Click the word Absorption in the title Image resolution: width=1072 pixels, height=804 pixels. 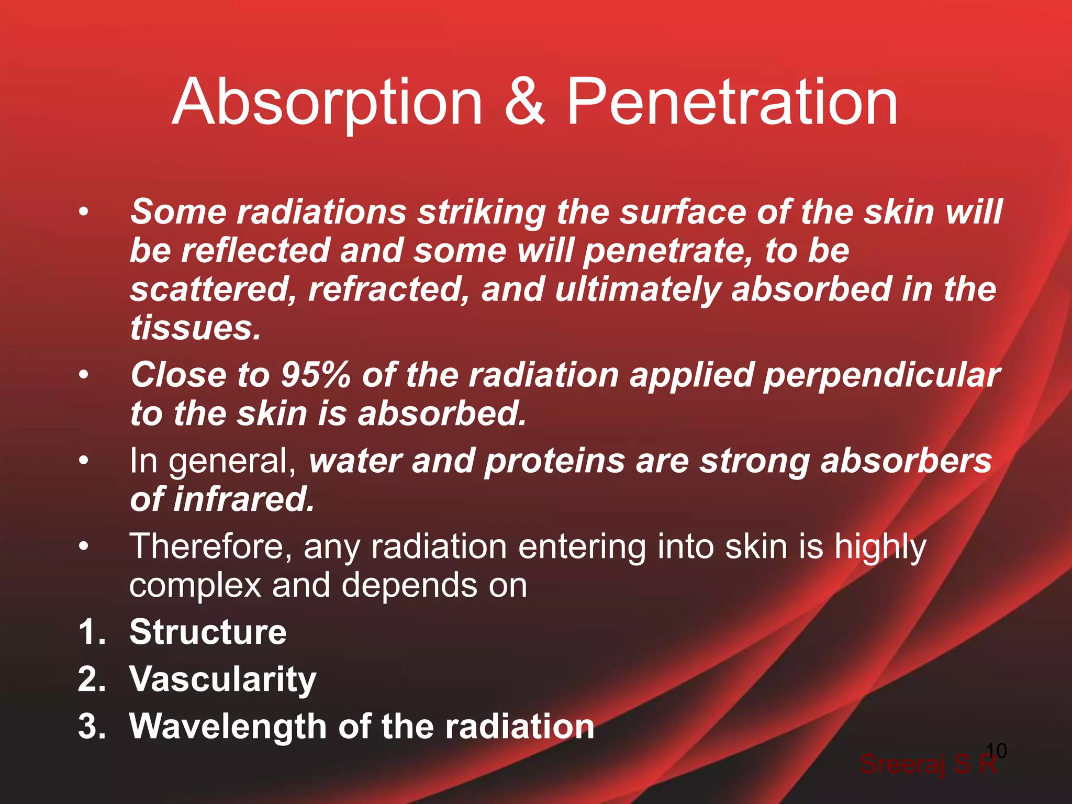[x=327, y=102]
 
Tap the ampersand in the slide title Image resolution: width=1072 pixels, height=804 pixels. [x=524, y=102]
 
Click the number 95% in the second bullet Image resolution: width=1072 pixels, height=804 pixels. [x=315, y=375]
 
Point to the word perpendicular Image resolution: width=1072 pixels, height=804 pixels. [x=881, y=376]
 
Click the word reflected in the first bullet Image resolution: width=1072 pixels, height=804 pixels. [x=255, y=251]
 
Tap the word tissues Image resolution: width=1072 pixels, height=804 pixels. [x=195, y=328]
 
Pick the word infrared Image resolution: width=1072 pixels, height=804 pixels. [x=243, y=499]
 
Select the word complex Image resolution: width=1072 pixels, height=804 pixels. [x=195, y=586]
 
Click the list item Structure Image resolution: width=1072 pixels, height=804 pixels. [x=208, y=632]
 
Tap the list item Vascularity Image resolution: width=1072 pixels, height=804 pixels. [x=222, y=679]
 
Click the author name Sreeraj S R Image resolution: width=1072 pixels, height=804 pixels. [x=928, y=764]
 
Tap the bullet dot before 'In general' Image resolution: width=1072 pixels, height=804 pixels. [x=84, y=461]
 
